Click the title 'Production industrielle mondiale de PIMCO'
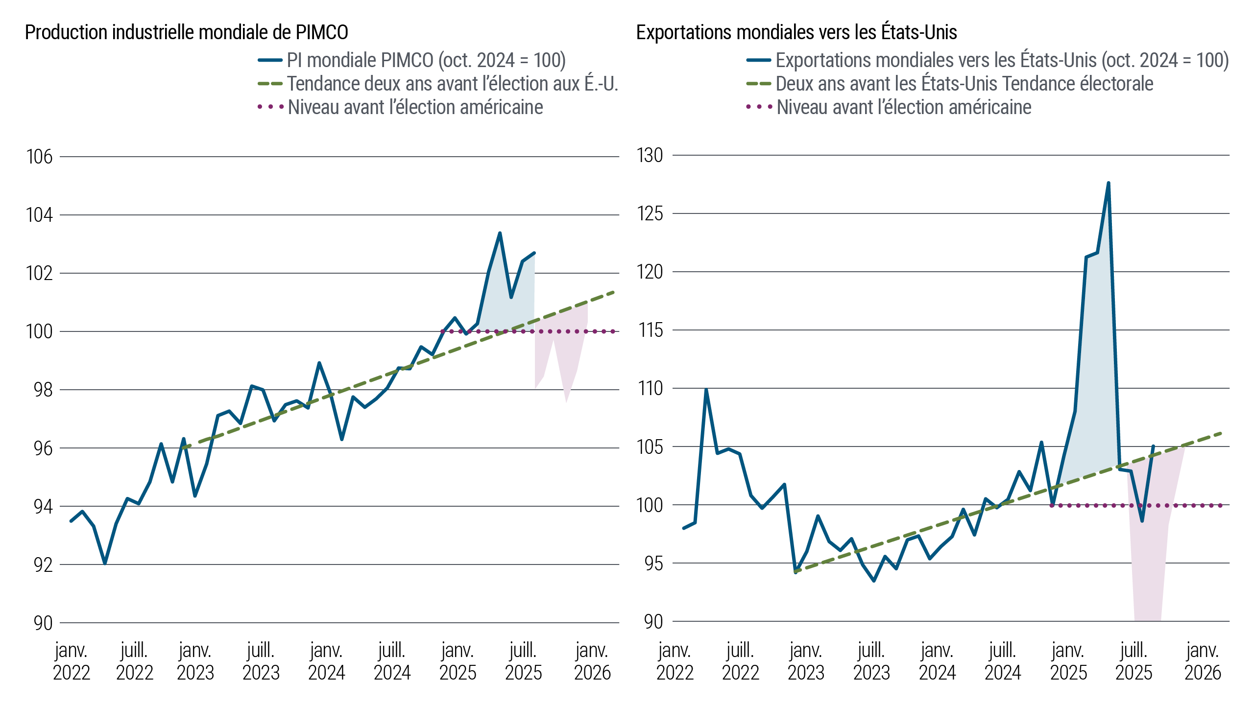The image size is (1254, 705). (x=186, y=32)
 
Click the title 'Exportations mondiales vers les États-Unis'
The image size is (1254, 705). (x=796, y=32)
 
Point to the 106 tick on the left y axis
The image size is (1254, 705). (x=39, y=157)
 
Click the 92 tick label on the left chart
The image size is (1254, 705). (x=39, y=564)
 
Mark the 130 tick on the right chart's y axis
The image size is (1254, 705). (x=650, y=156)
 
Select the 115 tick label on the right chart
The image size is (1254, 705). (x=650, y=330)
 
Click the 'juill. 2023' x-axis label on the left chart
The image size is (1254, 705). (x=261, y=662)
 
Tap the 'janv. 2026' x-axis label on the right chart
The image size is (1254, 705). (x=1203, y=662)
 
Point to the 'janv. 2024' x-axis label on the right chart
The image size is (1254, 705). (x=937, y=662)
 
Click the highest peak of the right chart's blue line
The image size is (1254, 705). (x=1108, y=183)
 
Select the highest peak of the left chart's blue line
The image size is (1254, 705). (x=500, y=233)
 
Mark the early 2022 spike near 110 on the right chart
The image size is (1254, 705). (x=706, y=390)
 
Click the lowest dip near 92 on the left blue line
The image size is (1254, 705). (x=105, y=564)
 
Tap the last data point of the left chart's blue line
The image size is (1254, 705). (x=534, y=253)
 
